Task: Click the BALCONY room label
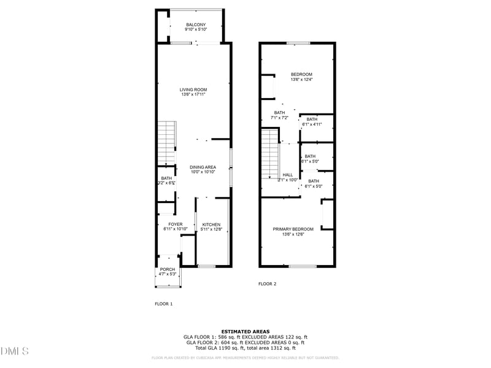click(196, 25)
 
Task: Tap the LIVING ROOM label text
click(193, 90)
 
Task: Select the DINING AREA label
click(203, 167)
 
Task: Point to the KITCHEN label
click(211, 224)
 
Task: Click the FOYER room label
click(176, 224)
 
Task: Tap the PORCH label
click(168, 269)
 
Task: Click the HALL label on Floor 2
click(288, 175)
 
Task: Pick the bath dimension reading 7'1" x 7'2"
click(279, 118)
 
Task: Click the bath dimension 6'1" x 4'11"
click(312, 124)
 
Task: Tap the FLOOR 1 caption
click(163, 304)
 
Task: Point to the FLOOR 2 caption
click(267, 284)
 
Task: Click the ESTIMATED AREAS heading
click(245, 331)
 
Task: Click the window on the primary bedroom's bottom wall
click(303, 266)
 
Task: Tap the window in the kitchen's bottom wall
click(207, 266)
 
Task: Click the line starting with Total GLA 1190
click(245, 348)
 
